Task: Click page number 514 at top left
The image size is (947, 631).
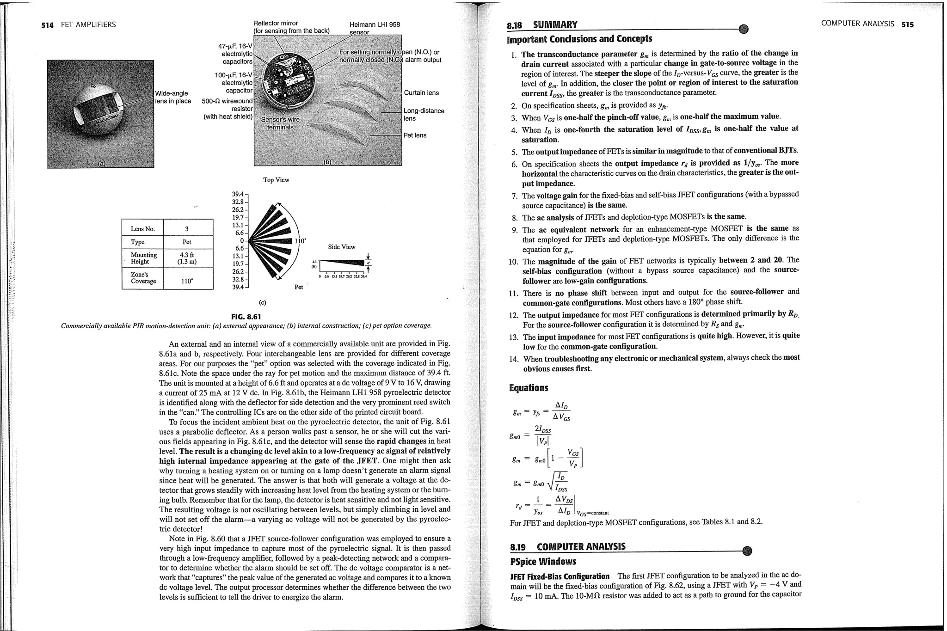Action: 47,25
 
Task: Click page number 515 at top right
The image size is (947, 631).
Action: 907,25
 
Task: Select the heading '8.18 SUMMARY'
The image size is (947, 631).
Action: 542,25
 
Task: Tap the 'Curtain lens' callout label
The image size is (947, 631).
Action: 421,93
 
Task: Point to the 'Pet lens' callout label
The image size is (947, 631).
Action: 415,135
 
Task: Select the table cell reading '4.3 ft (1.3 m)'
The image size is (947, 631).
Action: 187,258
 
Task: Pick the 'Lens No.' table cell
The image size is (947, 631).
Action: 143,229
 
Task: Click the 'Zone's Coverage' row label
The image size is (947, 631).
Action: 143,278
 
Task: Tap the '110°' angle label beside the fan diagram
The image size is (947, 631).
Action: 300,241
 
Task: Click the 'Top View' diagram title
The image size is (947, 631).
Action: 276,180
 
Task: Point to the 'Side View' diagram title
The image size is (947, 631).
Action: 342,247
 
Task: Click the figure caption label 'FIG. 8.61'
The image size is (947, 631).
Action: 246,317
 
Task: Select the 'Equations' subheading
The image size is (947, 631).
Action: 528,388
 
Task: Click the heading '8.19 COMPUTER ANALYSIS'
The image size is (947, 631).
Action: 567,547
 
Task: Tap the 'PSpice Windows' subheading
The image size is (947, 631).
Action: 543,562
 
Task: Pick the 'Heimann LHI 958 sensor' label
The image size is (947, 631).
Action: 375,28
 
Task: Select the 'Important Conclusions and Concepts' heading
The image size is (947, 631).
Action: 579,39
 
